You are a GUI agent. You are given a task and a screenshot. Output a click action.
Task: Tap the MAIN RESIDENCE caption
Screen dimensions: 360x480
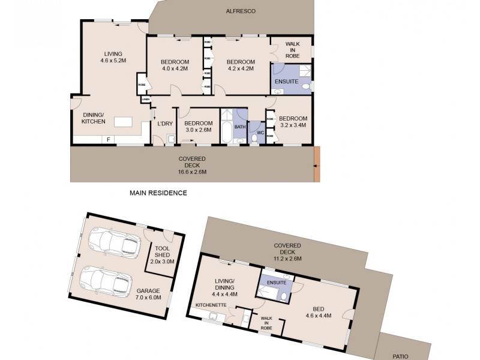coord(158,193)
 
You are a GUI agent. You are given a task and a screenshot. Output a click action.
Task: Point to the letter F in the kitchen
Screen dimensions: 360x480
coord(108,140)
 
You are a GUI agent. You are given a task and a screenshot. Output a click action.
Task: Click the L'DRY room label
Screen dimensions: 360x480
coord(165,124)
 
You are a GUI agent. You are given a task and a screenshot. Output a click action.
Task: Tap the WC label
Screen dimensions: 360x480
coord(260,133)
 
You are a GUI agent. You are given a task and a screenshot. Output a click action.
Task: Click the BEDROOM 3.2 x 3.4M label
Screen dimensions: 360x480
coord(293,122)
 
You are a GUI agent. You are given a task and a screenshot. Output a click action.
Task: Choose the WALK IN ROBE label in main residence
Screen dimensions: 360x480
coord(292,49)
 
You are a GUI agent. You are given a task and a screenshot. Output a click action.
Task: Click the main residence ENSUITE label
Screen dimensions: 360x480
coord(285,82)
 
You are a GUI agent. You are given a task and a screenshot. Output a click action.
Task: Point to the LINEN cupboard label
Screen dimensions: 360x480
coord(145,98)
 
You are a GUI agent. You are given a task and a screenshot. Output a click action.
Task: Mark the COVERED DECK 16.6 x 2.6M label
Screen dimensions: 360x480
coord(193,165)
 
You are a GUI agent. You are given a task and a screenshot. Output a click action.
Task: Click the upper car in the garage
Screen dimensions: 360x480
coord(112,241)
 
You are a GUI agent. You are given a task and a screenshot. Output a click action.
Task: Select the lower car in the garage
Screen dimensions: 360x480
coord(105,279)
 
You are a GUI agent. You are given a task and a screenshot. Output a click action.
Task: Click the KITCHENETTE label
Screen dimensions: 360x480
coord(211,305)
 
